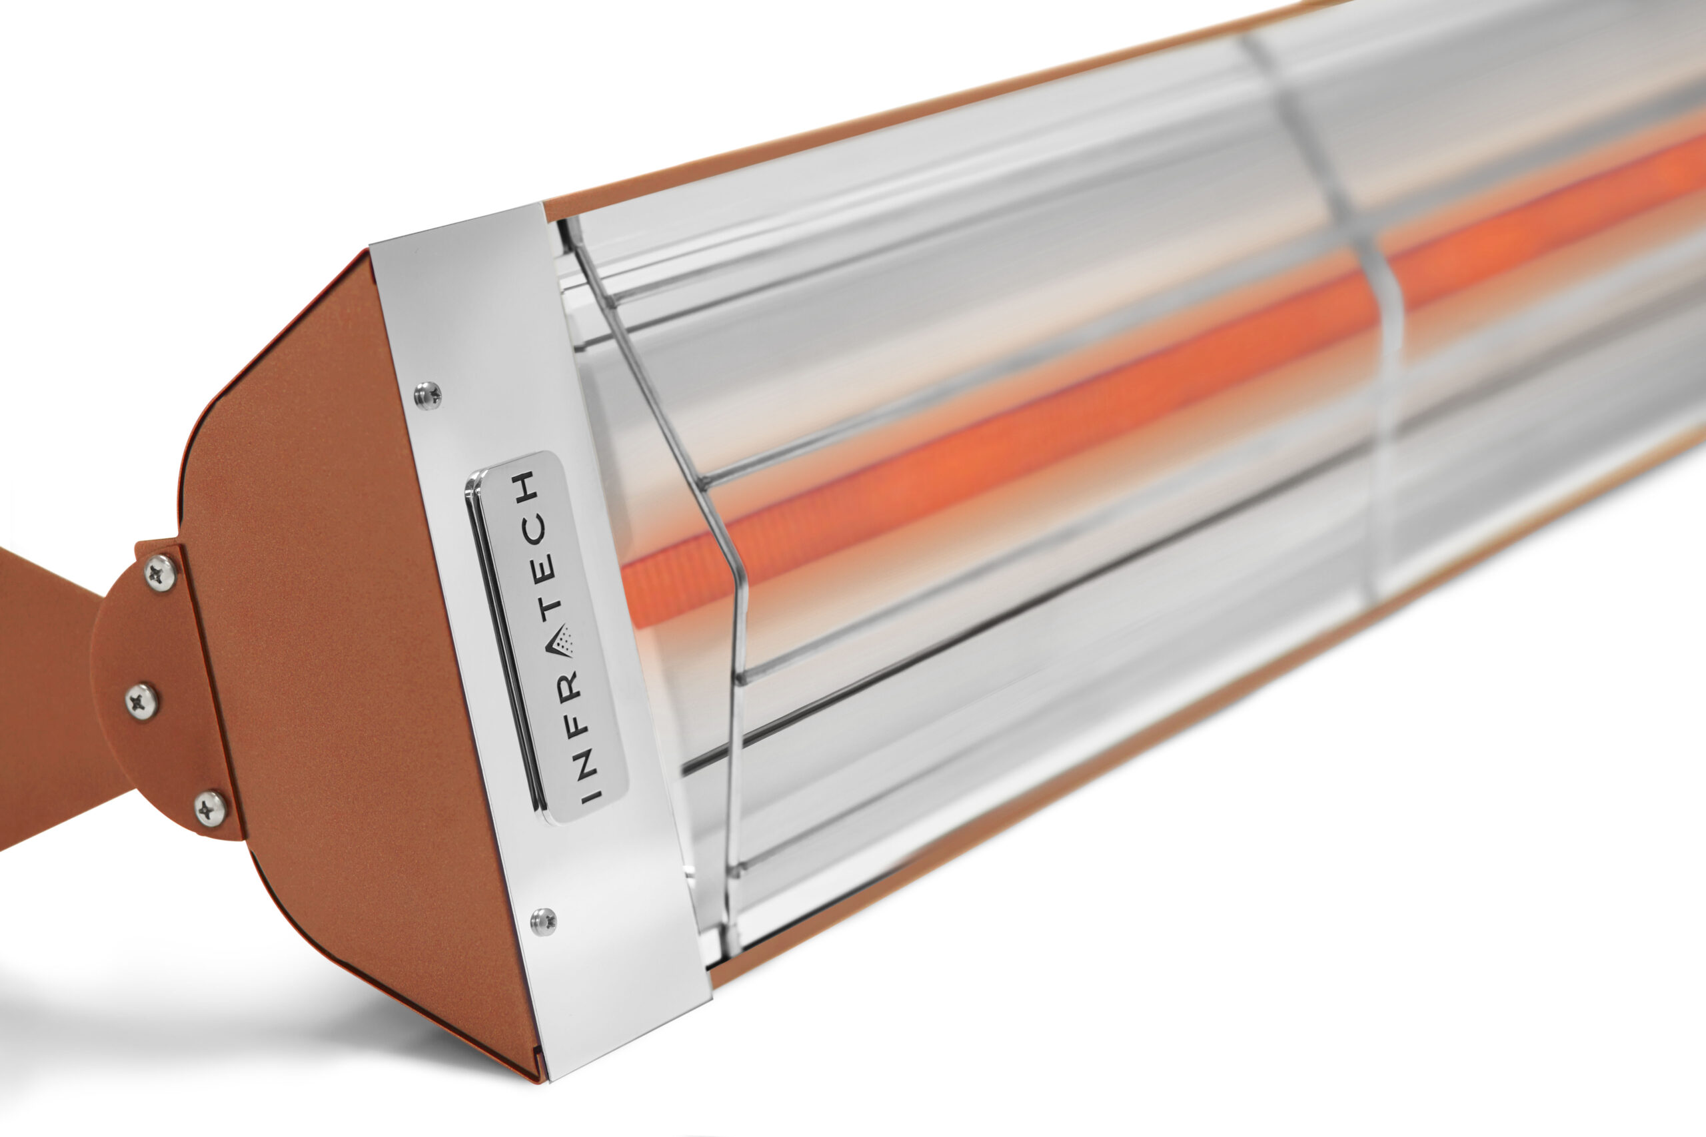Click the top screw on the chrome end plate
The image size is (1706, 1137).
(x=428, y=395)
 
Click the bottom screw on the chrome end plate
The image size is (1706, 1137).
(x=543, y=921)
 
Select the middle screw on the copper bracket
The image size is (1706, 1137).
(x=141, y=701)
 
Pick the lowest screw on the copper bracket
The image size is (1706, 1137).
(x=211, y=809)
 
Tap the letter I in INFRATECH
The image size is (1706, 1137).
(x=591, y=793)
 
